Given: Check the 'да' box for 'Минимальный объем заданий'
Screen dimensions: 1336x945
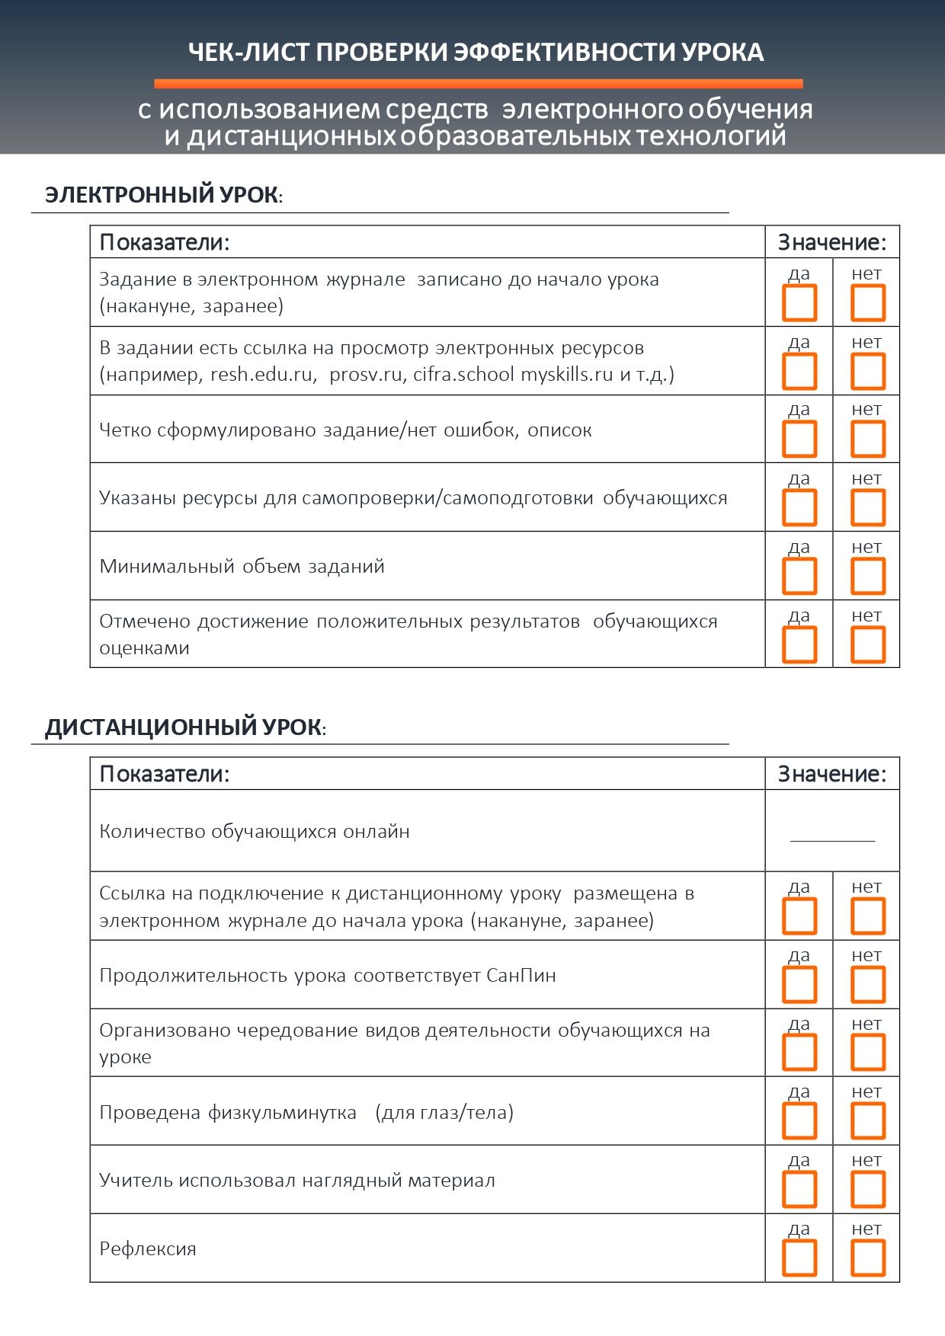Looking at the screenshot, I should [x=799, y=576].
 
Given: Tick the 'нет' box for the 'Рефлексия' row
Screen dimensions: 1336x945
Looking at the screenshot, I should [x=867, y=1258].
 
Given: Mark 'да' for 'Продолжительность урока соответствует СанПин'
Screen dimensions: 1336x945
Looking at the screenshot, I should [x=799, y=984].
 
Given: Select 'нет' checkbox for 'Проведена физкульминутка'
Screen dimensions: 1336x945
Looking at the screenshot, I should [x=867, y=1121].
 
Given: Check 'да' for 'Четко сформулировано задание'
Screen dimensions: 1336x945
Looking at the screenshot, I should [x=799, y=439].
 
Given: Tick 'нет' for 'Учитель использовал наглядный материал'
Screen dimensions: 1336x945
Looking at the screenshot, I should [x=867, y=1189].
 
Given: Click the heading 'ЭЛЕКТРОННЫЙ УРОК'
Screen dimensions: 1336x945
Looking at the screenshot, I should [x=162, y=195].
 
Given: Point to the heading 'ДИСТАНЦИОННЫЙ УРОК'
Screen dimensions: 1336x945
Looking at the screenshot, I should [x=183, y=727].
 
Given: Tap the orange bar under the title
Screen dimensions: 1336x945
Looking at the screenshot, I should [x=478, y=84].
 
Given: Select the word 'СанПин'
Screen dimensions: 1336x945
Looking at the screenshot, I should [x=521, y=975].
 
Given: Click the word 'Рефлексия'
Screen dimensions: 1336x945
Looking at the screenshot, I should [x=148, y=1249].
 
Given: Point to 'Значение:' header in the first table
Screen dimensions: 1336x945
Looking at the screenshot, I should [x=832, y=242].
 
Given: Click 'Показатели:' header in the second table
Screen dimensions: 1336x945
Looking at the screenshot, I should [x=165, y=774].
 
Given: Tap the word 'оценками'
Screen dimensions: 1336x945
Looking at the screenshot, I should [x=144, y=648].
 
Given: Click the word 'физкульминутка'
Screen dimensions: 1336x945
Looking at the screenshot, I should [x=282, y=1113].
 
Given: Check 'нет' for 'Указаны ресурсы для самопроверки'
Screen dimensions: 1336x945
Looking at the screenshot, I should [x=867, y=507].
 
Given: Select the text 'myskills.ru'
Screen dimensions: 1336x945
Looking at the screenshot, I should [x=567, y=375].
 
